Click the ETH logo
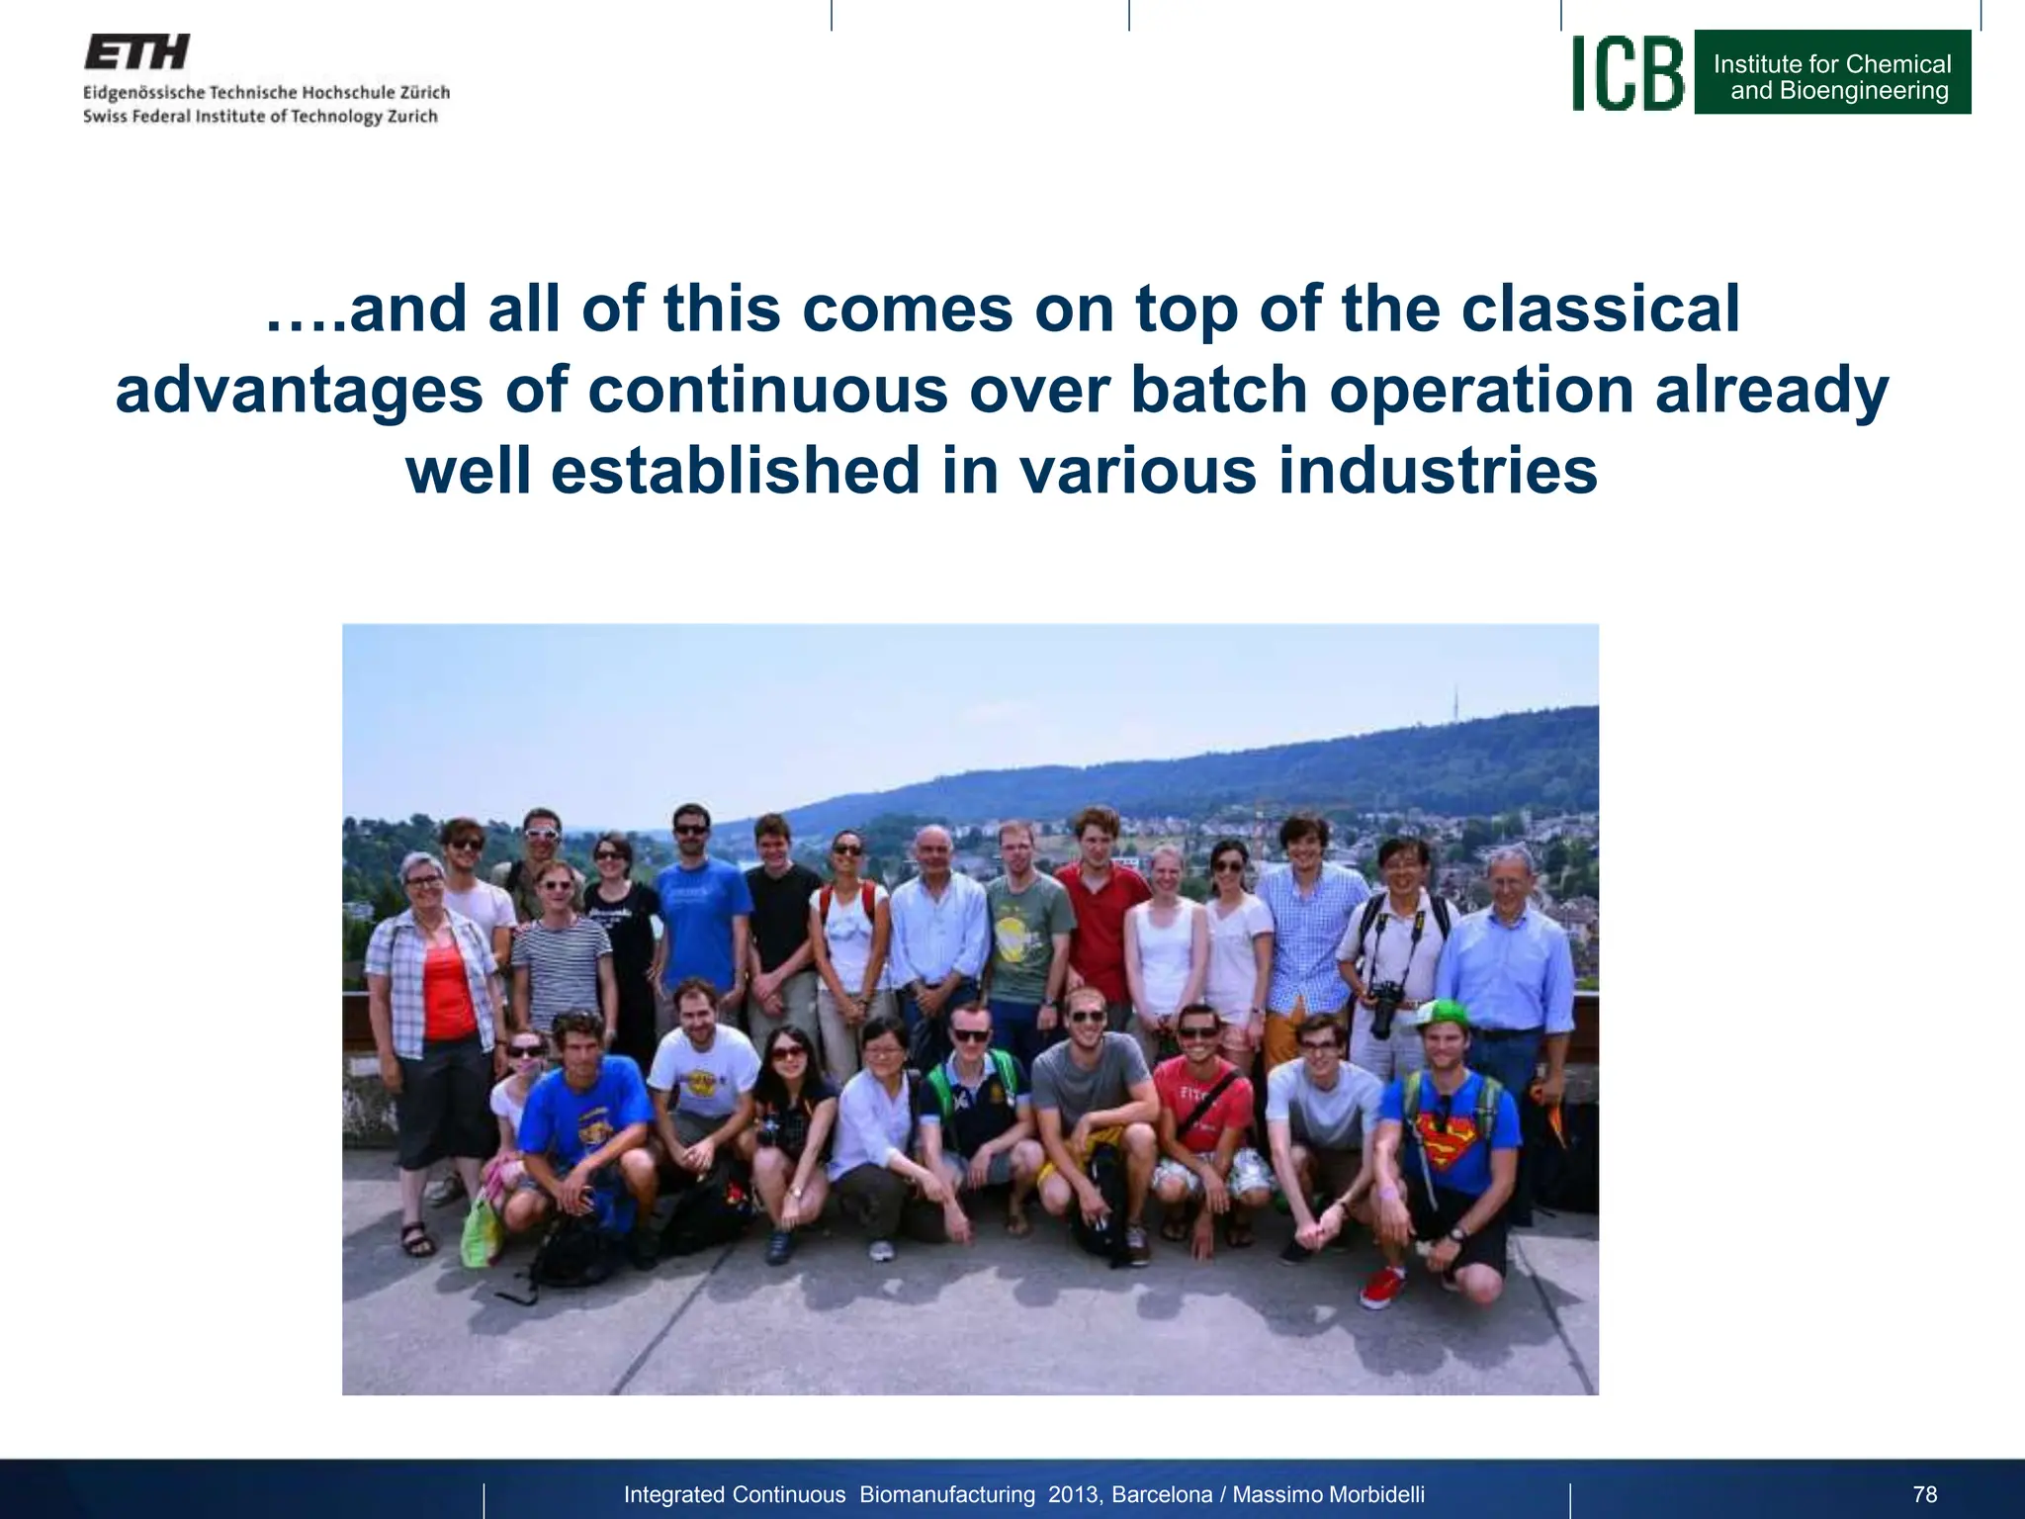pos(136,52)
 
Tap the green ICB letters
pos(1628,73)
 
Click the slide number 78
pos(1924,1494)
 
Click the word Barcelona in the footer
pos(1162,1494)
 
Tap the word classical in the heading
pos(1600,309)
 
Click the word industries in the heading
pos(1438,471)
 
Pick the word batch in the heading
pos(1218,390)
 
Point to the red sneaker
pos(1381,1287)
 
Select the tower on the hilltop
pos(1456,704)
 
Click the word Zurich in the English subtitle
pos(412,117)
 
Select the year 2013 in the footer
pos(1073,1494)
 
